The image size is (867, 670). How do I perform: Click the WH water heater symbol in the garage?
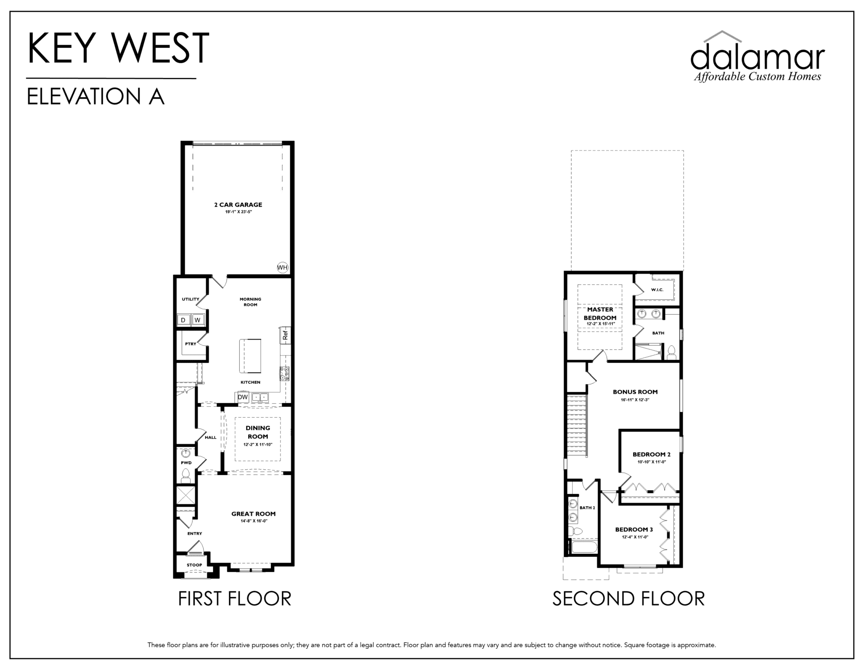[x=282, y=268]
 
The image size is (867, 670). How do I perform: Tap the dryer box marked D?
[x=183, y=320]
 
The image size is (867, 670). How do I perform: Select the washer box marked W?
[x=197, y=320]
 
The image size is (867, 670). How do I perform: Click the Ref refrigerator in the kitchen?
[x=285, y=335]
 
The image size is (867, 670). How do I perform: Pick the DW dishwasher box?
[x=243, y=397]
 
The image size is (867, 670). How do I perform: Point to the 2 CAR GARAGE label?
[x=238, y=205]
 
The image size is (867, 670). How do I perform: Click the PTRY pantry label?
[x=191, y=344]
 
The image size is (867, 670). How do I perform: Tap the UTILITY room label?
[x=191, y=299]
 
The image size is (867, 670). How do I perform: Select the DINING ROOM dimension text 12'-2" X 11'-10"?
[x=258, y=445]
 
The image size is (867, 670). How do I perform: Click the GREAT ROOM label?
[x=253, y=513]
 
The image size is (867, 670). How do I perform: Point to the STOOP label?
[x=195, y=565]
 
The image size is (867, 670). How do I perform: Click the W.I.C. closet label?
[x=657, y=289]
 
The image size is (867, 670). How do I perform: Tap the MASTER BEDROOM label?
[x=600, y=313]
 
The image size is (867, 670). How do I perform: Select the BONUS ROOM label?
[x=635, y=392]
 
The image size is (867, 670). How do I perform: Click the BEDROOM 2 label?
[x=652, y=454]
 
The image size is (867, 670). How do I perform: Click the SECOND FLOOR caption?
[x=628, y=599]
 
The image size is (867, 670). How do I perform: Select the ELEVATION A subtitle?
[x=95, y=97]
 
